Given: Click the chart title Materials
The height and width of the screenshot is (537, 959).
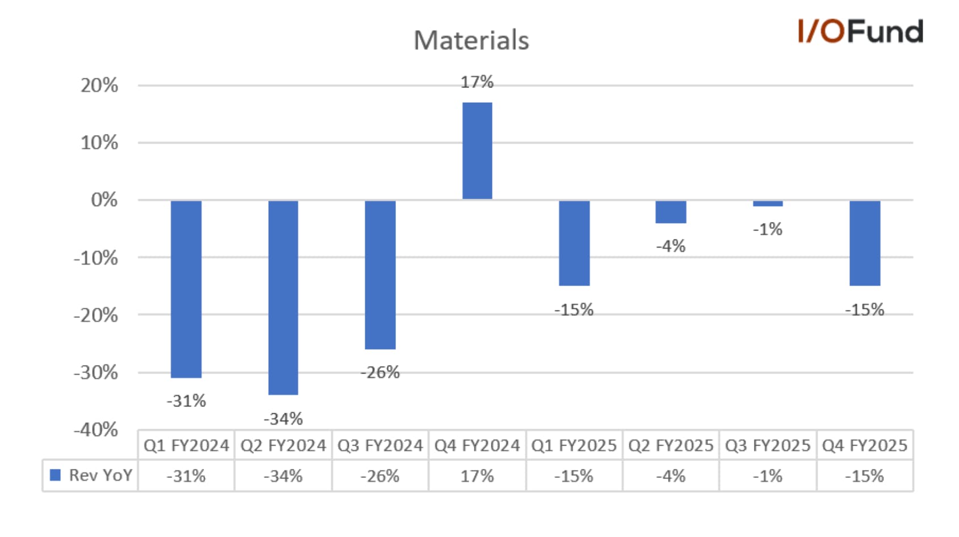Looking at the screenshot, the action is [x=472, y=40].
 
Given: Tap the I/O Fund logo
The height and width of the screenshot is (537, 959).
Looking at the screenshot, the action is [x=861, y=31].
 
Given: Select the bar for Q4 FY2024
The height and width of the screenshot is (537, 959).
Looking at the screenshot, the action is [x=477, y=150].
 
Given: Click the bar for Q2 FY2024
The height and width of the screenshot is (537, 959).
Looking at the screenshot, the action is [x=283, y=297].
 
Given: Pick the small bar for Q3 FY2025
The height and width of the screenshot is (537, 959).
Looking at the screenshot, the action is [x=768, y=203].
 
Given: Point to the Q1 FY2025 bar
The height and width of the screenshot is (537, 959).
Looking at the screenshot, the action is [x=574, y=242].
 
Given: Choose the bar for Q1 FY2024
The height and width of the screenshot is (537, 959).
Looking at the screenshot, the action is [x=186, y=289].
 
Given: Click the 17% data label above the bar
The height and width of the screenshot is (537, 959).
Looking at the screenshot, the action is [x=477, y=82].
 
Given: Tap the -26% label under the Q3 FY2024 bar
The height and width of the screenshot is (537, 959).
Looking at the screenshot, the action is [x=380, y=373].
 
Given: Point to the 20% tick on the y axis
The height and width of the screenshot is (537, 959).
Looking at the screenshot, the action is [x=99, y=86].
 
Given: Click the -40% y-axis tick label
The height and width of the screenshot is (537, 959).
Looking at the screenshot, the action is [x=95, y=430].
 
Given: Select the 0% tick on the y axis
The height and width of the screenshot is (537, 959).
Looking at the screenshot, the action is [x=104, y=200].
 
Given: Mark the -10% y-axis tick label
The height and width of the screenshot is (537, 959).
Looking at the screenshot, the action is [x=95, y=258].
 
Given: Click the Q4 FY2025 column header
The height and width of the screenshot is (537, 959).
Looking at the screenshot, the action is [x=864, y=446].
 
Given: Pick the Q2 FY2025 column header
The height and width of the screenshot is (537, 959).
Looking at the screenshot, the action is [x=670, y=446].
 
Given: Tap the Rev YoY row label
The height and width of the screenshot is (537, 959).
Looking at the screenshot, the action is [x=101, y=475].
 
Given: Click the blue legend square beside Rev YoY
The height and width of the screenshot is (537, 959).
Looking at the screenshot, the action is [x=55, y=475].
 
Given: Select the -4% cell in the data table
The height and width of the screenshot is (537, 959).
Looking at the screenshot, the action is [x=670, y=476].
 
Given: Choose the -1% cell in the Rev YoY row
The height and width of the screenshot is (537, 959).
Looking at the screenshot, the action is [x=768, y=476].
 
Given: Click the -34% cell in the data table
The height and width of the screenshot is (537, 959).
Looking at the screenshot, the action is [x=283, y=476].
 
